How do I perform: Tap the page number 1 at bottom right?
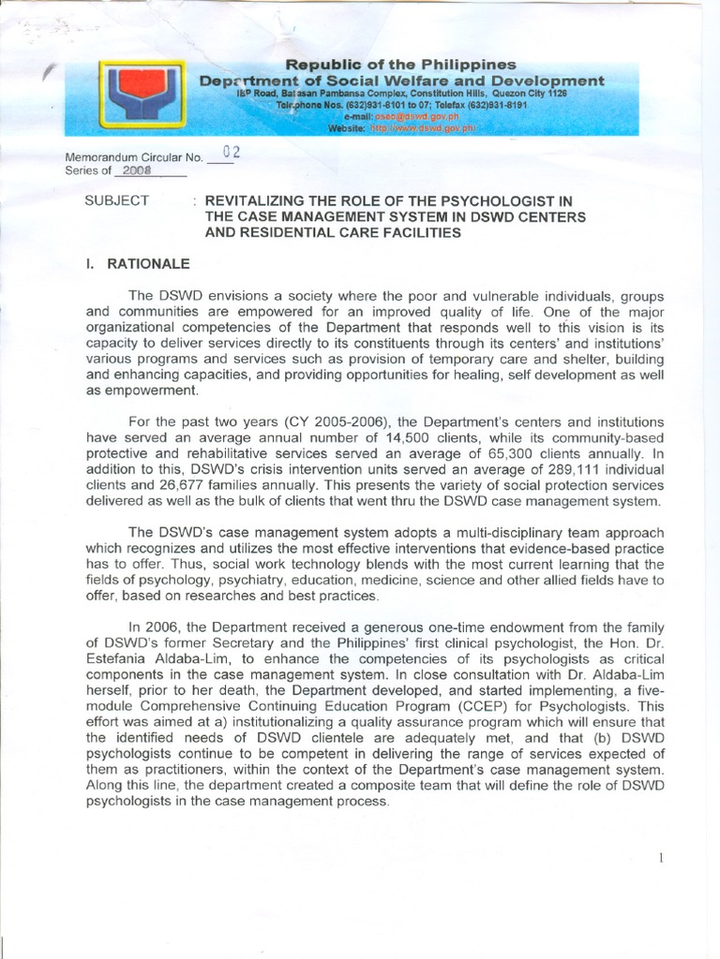(x=661, y=858)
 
